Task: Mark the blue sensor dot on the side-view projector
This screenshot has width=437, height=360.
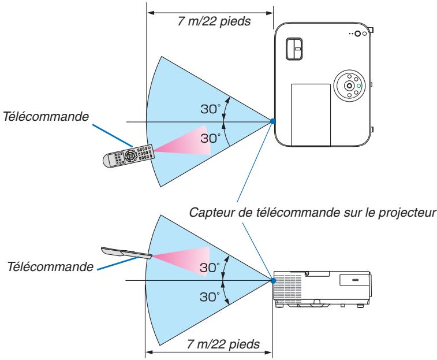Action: [x=272, y=281]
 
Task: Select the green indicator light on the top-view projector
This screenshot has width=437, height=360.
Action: [x=358, y=87]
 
